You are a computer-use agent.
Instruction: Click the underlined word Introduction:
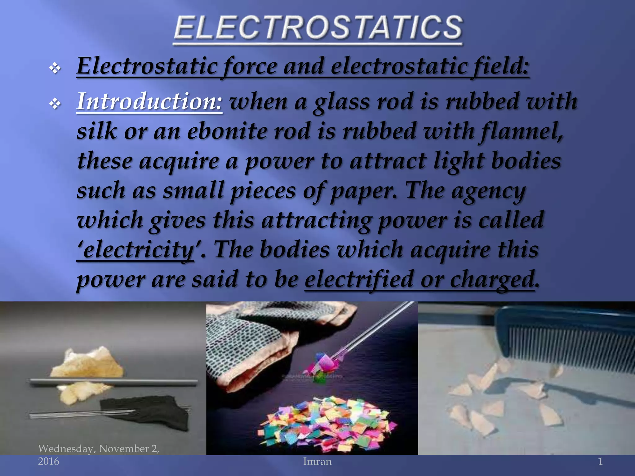click(x=149, y=102)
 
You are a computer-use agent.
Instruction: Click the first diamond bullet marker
click(x=55, y=68)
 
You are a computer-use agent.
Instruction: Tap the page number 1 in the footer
click(x=600, y=461)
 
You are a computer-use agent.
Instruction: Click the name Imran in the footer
click(x=317, y=461)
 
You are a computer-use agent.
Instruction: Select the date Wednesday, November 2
click(x=99, y=449)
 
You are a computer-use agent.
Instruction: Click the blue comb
click(x=564, y=338)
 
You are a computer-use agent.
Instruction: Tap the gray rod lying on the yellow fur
click(x=113, y=382)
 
